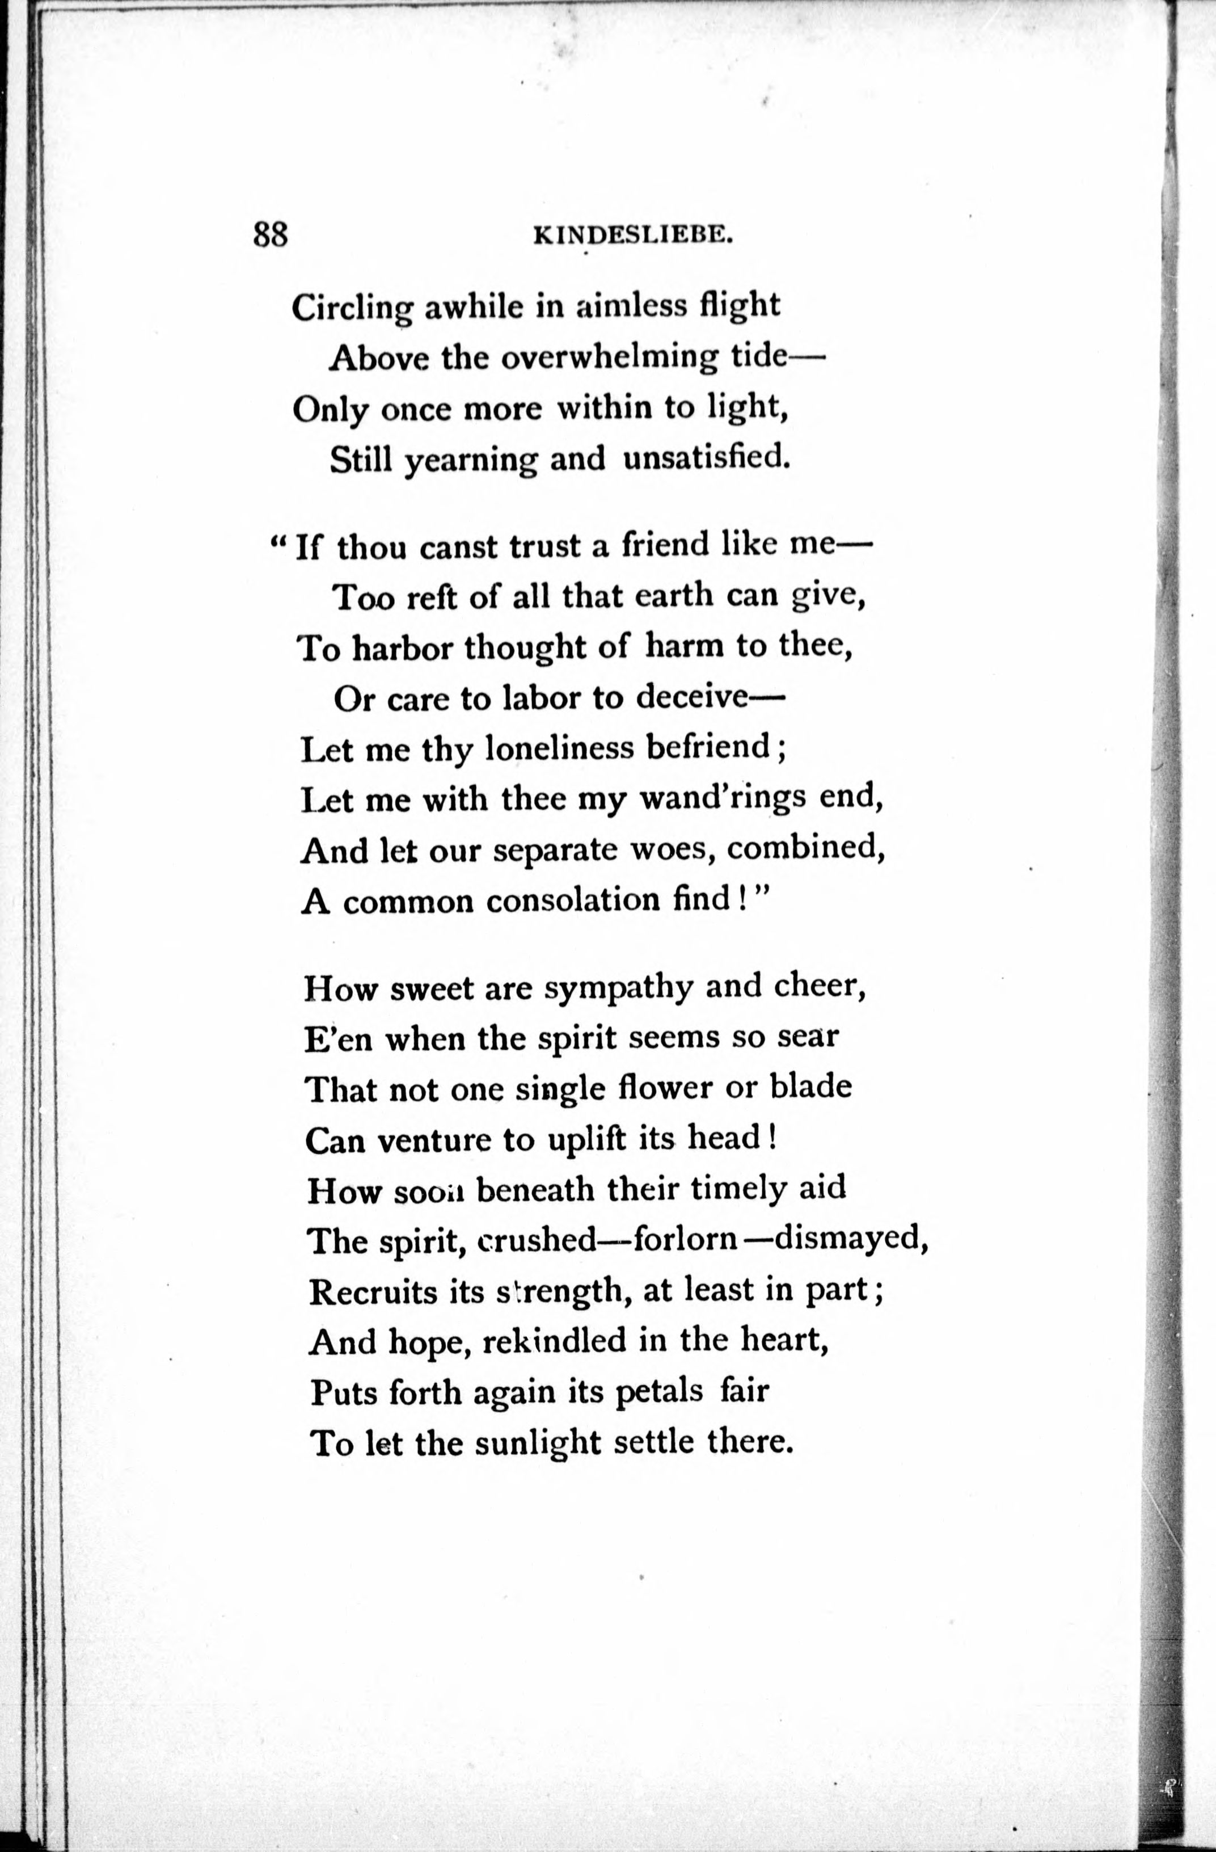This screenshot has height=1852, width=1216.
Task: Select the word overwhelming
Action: (609, 357)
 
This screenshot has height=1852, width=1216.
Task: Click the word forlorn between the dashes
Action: (685, 1239)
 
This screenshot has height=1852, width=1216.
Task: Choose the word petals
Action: (659, 1391)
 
